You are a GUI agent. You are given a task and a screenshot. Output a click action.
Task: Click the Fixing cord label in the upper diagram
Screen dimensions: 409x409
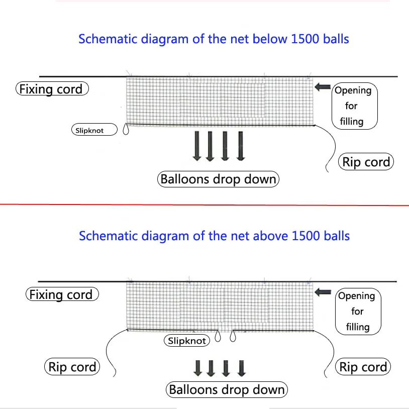52,89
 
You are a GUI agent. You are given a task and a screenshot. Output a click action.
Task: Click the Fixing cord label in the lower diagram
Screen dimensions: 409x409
62,294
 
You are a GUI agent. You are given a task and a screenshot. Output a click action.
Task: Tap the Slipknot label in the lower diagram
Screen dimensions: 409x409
187,340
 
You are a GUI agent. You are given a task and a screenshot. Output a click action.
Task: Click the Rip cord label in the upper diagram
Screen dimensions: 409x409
366,162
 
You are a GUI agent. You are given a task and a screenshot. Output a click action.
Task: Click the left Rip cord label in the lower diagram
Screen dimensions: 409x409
72,367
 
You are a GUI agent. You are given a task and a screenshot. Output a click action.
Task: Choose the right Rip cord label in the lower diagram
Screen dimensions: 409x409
363,367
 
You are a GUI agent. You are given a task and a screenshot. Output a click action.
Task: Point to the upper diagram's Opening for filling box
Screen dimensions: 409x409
355,106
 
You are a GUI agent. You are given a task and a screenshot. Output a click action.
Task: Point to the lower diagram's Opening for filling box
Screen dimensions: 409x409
358,312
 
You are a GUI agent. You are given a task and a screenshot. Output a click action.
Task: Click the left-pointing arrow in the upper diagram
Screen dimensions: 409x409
323,87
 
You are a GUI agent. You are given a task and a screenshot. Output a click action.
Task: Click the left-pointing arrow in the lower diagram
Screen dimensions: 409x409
323,292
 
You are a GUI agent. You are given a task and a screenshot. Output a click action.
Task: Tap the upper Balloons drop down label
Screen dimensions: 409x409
219,179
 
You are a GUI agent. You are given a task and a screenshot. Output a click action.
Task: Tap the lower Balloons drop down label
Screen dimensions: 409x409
227,390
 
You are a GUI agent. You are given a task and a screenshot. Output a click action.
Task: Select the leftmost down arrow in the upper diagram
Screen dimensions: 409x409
197,146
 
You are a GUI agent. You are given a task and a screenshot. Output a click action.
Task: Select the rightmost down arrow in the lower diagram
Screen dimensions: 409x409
242,368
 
